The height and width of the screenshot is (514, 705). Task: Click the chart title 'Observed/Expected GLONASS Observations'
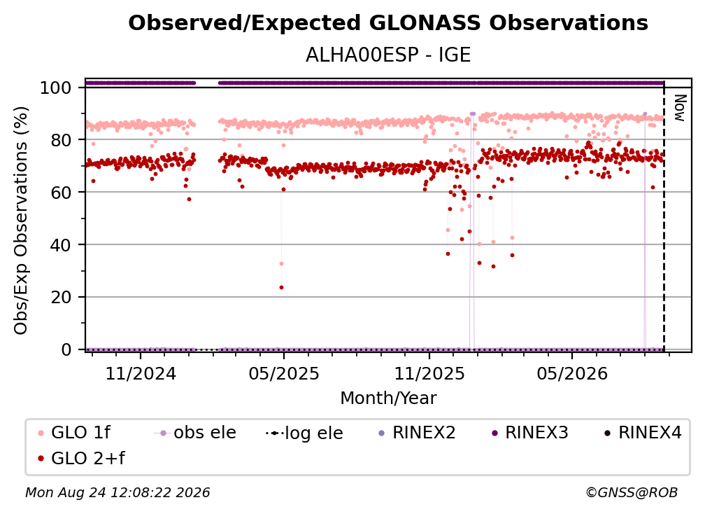coord(388,23)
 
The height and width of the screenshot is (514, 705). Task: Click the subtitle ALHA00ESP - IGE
coord(388,55)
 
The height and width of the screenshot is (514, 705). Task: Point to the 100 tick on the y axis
coord(56,88)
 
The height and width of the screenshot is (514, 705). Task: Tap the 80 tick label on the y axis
coord(61,140)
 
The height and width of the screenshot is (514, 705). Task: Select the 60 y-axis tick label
coord(61,192)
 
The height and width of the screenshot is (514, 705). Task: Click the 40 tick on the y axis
coord(61,245)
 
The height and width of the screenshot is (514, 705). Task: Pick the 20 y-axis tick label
coord(61,297)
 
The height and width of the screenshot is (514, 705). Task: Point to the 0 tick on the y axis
coord(66,349)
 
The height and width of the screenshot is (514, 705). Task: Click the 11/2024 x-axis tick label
coord(141,373)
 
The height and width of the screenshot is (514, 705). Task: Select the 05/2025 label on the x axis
coord(284,373)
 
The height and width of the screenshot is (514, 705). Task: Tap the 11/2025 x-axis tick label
coord(429,373)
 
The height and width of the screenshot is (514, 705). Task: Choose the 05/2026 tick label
coord(572,373)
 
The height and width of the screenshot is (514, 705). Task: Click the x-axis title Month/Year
coord(388,398)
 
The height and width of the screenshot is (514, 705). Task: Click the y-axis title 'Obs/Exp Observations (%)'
coord(21,221)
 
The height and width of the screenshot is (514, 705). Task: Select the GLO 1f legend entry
coord(73,433)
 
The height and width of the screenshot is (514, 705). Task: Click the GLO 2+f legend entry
coord(81,458)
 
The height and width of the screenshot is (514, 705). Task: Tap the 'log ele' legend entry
coord(304,433)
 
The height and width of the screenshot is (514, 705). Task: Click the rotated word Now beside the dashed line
coord(680,108)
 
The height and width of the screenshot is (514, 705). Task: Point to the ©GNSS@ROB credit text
coord(632,492)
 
